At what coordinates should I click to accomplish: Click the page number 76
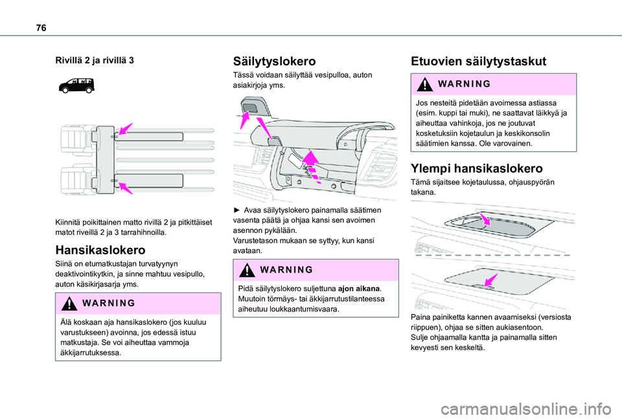[41, 28]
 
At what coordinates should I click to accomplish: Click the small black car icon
[76, 85]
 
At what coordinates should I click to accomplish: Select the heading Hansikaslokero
[100, 250]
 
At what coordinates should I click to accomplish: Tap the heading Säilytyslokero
[274, 61]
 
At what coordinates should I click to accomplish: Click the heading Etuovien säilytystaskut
[478, 61]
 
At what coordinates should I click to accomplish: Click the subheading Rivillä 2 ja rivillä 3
[95, 61]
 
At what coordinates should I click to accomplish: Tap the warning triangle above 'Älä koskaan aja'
[69, 304]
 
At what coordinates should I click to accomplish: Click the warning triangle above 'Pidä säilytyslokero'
[247, 271]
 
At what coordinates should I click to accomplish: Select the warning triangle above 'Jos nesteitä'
[424, 84]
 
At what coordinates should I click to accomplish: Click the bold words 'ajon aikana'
[359, 289]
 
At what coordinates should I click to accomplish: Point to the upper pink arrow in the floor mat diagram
[125, 129]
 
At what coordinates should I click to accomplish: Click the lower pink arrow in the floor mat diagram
[125, 188]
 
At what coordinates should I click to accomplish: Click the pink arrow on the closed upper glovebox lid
[490, 280]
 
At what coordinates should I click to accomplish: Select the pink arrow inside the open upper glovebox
[485, 219]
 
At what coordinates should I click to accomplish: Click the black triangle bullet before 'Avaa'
[237, 210]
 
